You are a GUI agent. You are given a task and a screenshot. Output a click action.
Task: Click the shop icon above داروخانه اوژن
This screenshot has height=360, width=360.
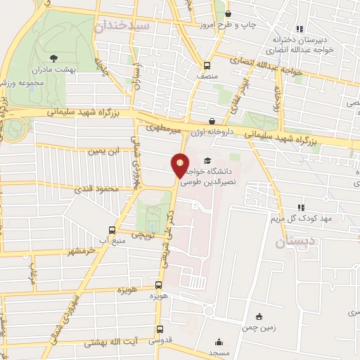(x=212, y=121)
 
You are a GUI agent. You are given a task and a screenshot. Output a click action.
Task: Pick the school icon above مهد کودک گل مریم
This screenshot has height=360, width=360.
(x=300, y=207)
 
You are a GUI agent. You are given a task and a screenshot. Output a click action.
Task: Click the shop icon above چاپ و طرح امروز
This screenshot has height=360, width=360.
(x=228, y=14)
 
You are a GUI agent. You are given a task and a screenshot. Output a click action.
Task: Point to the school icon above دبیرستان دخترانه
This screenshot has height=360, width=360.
(x=300, y=30)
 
